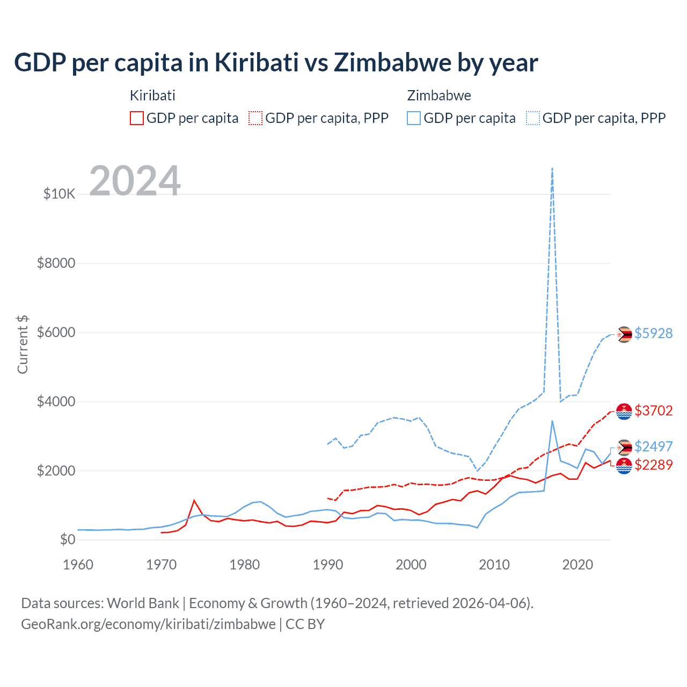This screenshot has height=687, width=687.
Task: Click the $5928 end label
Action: tap(653, 333)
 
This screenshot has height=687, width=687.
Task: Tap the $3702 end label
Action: tap(653, 411)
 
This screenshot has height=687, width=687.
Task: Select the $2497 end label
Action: tap(653, 447)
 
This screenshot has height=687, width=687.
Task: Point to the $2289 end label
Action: tap(653, 465)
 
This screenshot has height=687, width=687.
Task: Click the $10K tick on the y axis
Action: tap(60, 194)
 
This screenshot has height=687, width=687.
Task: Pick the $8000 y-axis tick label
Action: tap(56, 263)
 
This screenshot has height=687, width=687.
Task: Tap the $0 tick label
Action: tap(68, 540)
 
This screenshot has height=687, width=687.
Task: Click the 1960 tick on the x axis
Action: tap(78, 565)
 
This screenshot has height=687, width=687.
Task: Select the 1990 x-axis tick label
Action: tap(328, 565)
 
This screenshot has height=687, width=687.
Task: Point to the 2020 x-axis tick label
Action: tap(578, 565)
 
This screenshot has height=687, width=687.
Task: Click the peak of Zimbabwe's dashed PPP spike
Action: tap(552, 169)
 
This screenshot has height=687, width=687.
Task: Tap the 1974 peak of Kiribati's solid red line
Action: tap(194, 501)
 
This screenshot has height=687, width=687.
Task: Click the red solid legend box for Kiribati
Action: tap(137, 118)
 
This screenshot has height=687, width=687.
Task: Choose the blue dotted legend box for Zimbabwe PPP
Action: tap(533, 118)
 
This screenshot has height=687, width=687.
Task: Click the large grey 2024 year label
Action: tap(135, 181)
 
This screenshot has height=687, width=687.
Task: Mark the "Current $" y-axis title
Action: tap(23, 345)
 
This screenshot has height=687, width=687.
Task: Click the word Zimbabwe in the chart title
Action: tap(392, 63)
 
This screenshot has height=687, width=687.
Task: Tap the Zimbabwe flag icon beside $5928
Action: tap(624, 334)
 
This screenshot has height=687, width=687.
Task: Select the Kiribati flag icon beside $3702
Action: tap(624, 411)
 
